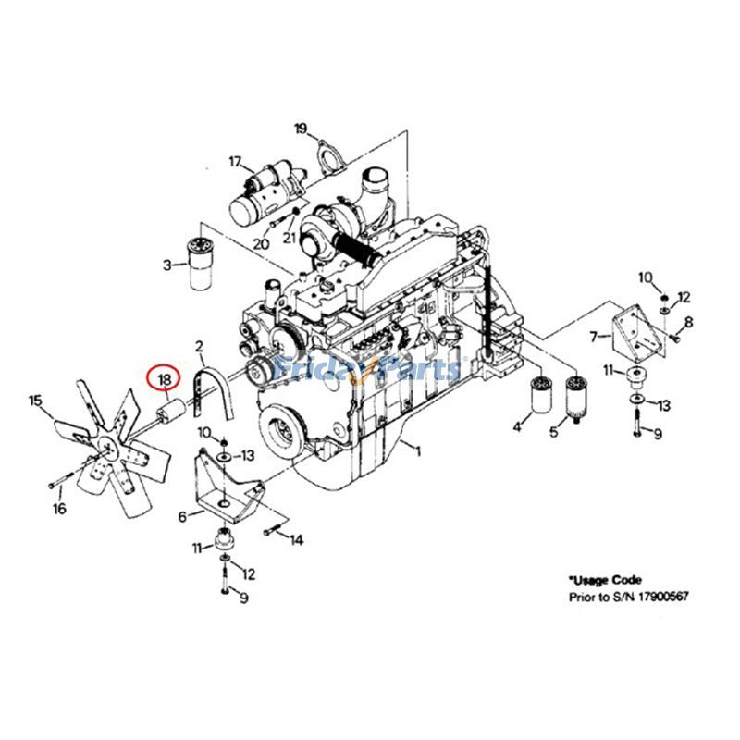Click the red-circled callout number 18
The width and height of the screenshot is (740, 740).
point(165,379)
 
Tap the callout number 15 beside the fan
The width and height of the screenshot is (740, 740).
point(35,401)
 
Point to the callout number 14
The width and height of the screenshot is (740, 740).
point(296,539)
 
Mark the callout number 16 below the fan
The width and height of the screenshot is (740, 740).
point(58,509)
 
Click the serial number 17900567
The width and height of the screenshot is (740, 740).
point(659,598)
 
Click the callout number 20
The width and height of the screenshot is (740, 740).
point(262,243)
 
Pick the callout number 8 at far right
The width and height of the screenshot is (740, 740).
point(688,321)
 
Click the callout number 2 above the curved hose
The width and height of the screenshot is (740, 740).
point(199,346)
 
